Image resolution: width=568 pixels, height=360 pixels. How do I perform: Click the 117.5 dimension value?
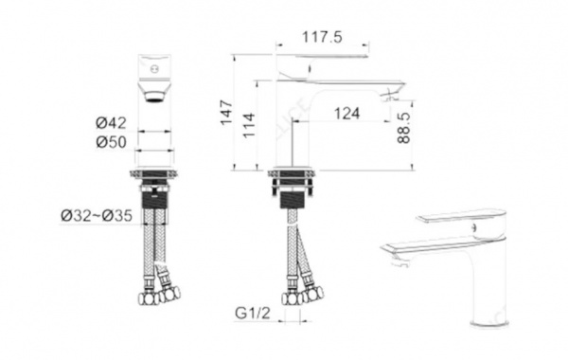322,37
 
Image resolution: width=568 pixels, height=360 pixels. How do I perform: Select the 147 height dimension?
227,113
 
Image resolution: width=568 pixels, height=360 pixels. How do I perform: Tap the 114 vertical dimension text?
249,125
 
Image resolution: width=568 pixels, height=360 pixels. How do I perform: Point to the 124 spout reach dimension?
346,114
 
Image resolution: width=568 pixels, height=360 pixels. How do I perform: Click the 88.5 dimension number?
404,127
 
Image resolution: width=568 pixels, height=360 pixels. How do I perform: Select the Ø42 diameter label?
111,123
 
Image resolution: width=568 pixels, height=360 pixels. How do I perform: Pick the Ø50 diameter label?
111,142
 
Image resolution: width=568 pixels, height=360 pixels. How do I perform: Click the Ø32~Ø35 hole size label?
97,216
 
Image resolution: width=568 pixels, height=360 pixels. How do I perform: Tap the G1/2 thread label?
253,313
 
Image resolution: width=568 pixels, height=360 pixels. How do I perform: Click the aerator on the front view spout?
154,98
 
